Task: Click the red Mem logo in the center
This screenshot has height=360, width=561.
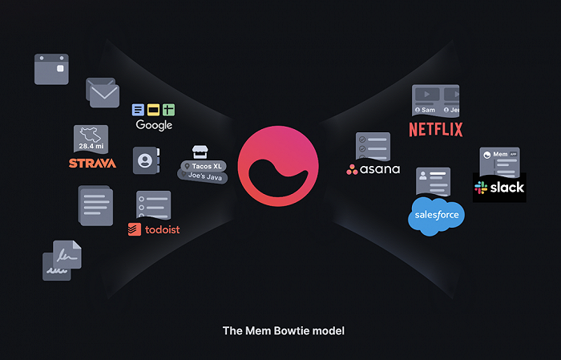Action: tap(278, 166)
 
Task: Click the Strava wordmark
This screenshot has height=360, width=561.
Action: tap(92, 164)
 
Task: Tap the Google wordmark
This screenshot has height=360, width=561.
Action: tap(154, 125)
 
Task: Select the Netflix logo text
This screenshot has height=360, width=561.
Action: tap(436, 130)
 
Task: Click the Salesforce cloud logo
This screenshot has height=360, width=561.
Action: tap(436, 216)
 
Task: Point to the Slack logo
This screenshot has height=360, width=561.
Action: tap(499, 188)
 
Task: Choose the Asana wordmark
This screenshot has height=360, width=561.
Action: tap(373, 169)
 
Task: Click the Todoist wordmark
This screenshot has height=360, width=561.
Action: tap(154, 229)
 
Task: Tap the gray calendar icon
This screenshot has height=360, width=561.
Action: tap(51, 70)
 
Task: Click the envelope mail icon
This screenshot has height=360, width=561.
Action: tap(103, 93)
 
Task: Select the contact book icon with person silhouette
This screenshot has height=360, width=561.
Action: tap(146, 160)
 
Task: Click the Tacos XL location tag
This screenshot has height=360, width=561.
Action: tap(204, 166)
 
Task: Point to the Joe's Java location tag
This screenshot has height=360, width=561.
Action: tap(203, 176)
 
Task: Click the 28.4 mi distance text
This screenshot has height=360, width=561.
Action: tap(91, 146)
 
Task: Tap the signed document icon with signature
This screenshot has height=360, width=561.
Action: tap(62, 260)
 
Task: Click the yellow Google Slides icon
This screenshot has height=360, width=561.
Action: tap(154, 110)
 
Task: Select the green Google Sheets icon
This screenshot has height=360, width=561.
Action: tap(169, 110)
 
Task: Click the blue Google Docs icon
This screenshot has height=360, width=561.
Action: tap(138, 110)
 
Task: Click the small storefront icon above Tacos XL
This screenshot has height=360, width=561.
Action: tap(200, 152)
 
